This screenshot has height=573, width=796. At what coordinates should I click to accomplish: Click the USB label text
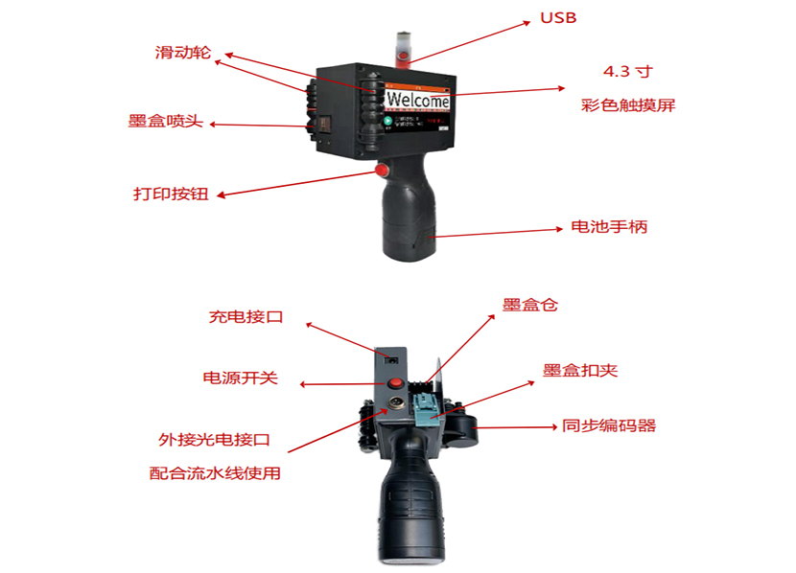click(x=558, y=17)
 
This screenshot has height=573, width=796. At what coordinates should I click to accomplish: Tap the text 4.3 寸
click(x=628, y=72)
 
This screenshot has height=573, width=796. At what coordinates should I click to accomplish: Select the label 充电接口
click(x=246, y=316)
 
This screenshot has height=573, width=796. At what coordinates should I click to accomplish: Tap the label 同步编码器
click(x=609, y=425)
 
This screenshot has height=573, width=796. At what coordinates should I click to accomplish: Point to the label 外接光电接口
click(x=214, y=440)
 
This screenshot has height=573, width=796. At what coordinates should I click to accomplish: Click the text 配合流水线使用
click(x=215, y=473)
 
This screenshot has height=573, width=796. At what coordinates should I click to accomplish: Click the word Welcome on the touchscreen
click(x=418, y=101)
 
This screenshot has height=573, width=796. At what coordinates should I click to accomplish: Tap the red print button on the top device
click(x=381, y=171)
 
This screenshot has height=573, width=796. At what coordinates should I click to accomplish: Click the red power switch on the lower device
click(x=394, y=385)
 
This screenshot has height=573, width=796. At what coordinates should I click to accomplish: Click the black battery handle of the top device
click(x=410, y=220)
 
